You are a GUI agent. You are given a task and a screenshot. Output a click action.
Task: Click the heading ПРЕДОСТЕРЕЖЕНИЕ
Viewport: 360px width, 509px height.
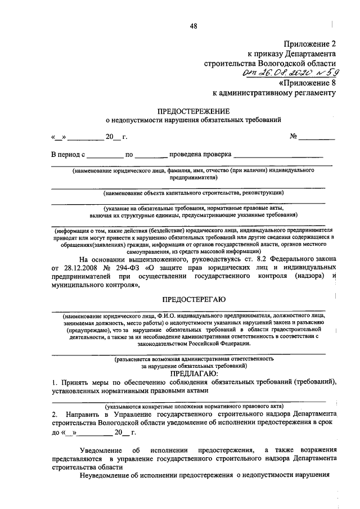193,111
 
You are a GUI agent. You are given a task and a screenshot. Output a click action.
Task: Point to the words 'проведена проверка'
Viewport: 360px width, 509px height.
200,153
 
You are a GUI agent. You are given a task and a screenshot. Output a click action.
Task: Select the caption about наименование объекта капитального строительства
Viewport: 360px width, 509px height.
193,193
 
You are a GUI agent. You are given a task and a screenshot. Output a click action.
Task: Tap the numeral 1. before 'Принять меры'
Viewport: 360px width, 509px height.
54,382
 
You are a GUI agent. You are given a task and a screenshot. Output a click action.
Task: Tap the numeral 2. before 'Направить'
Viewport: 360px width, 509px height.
54,414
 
